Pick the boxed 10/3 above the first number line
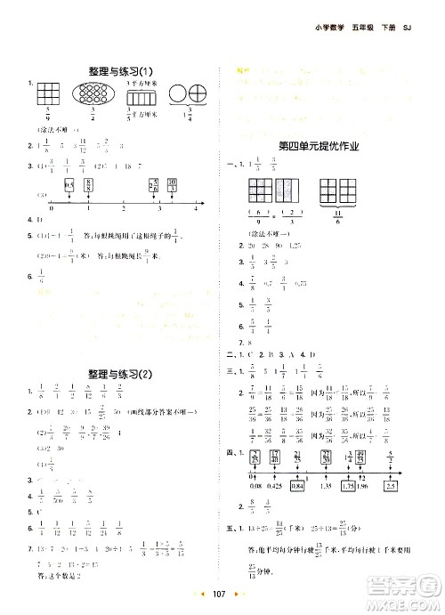(x=171, y=185)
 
